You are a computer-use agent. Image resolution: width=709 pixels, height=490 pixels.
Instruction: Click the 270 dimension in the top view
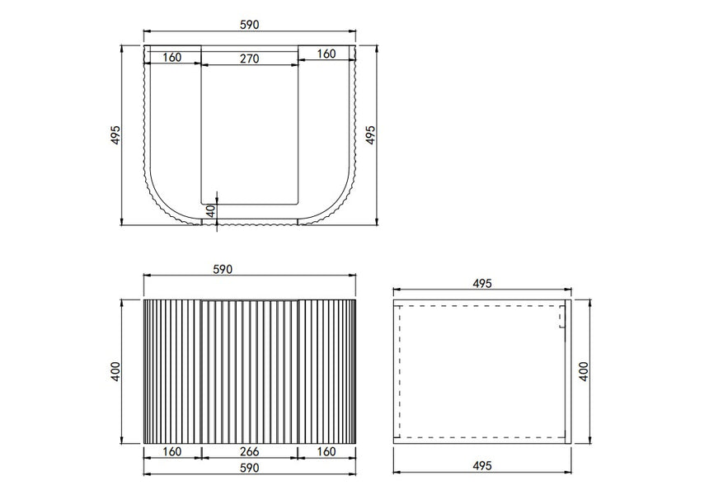(x=249, y=59)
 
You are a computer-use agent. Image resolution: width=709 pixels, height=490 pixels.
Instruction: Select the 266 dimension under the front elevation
(x=249, y=451)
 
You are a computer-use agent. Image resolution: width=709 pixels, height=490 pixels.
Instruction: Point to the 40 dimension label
(x=211, y=211)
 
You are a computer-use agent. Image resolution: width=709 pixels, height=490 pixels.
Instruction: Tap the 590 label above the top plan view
(x=249, y=25)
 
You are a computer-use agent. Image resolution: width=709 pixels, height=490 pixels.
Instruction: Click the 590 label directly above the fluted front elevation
(x=222, y=269)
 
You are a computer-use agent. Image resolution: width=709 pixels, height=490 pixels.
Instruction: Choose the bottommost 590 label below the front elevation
(x=249, y=468)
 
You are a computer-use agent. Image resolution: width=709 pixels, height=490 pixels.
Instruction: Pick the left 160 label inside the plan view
(x=171, y=58)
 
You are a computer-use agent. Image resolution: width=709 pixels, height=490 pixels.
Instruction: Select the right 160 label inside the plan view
(x=326, y=54)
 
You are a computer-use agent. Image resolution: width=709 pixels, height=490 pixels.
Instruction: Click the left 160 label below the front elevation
(x=171, y=451)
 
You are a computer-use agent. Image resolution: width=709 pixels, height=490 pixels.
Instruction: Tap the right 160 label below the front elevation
(x=326, y=451)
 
